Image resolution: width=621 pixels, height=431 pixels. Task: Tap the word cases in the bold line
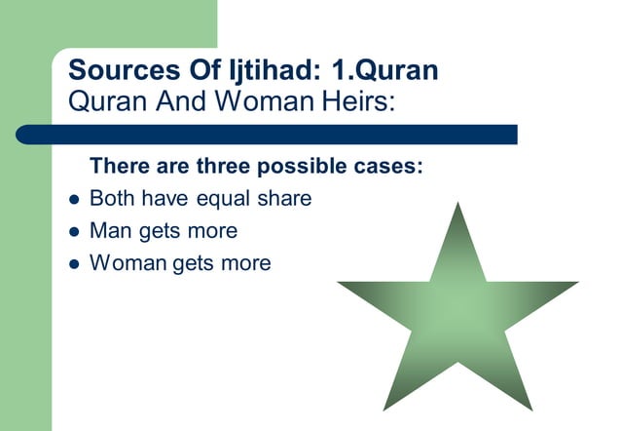(x=389, y=166)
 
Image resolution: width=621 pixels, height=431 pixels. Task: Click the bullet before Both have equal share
(x=73, y=200)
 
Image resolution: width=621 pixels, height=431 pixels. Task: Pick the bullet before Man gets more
(x=73, y=232)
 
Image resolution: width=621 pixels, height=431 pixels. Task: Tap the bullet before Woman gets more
(x=73, y=264)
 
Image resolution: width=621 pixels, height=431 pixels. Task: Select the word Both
(x=111, y=198)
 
